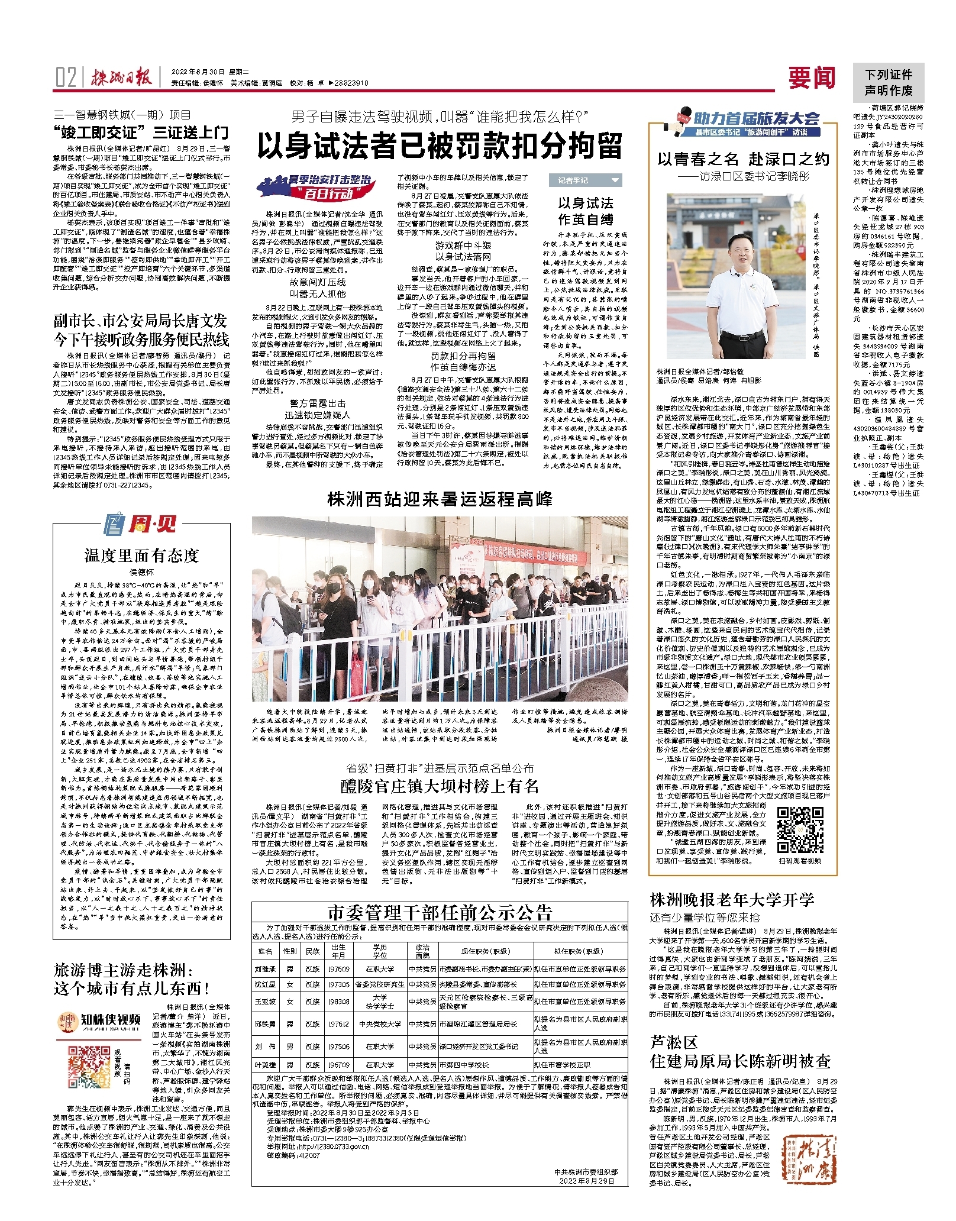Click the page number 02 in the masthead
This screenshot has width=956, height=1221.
click(x=66, y=77)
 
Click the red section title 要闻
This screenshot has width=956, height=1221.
click(x=811, y=77)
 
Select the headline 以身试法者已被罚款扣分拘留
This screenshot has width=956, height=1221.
click(x=440, y=146)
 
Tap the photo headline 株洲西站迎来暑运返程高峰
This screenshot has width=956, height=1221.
click(x=440, y=499)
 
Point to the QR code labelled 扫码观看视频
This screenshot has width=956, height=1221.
click(x=800, y=830)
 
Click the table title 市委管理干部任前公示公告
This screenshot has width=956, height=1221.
click(x=440, y=912)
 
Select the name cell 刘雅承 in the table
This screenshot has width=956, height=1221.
click(x=265, y=969)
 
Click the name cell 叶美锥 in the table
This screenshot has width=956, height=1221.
click(x=265, y=1065)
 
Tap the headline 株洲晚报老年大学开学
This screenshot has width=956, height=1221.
click(x=732, y=900)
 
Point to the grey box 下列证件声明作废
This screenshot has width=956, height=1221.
click(x=889, y=82)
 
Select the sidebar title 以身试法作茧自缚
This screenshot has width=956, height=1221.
click(x=585, y=211)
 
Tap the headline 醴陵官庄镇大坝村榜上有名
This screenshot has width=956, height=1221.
click(x=440, y=786)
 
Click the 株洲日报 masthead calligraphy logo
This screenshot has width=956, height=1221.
click(x=121, y=77)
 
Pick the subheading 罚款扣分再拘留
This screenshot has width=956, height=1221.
click(x=463, y=356)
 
